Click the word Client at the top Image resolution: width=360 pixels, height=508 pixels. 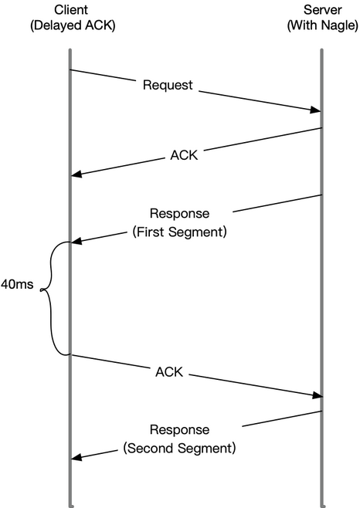coord(71,10)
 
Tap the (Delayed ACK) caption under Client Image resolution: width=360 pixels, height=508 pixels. coord(73,25)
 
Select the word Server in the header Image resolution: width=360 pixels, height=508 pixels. coord(322,10)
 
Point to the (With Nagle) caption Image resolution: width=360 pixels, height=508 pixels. coord(323,25)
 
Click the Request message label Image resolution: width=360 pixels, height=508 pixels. coord(168,85)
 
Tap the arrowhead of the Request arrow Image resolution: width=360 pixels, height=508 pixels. coord(315,110)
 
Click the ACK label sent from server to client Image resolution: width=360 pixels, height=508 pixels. coord(184,155)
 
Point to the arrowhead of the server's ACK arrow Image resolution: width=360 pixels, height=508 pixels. coord(76,174)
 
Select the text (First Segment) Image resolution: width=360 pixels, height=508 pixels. coord(179,232)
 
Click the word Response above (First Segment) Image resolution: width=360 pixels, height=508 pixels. coord(179,214)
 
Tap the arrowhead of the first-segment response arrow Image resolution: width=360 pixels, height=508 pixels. coord(76,241)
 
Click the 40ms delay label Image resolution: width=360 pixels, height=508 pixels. coord(17,284)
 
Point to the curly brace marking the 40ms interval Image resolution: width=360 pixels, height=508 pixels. coord(50,298)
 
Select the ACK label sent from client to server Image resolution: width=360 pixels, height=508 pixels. coord(169,372)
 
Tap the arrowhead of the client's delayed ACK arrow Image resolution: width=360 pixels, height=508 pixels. coord(318,395)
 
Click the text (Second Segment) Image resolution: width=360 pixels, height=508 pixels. coord(179,449)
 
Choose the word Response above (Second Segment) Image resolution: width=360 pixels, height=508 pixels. coord(179,430)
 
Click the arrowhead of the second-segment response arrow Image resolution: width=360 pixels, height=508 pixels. coord(76,457)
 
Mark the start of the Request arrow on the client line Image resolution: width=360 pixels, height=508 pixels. coord(70,69)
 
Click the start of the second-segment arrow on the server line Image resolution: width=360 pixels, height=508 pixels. coord(321,411)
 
